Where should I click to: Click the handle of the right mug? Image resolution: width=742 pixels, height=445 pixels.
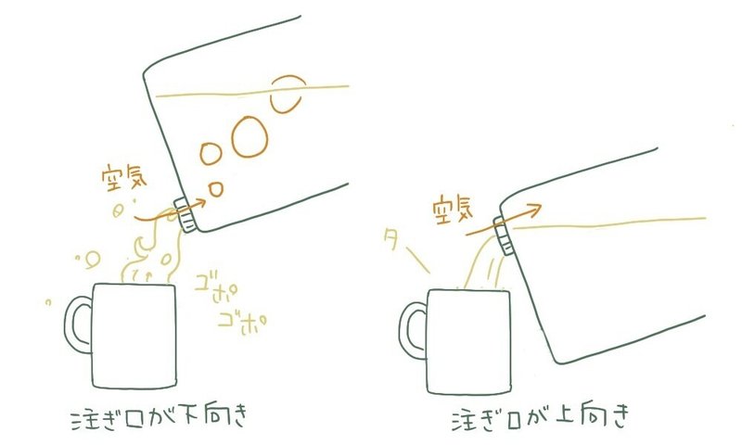point(403,331)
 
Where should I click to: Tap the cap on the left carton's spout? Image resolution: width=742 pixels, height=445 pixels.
point(185,215)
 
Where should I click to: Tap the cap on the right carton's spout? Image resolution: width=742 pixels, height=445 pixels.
point(504,235)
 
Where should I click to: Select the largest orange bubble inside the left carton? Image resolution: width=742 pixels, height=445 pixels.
point(249,136)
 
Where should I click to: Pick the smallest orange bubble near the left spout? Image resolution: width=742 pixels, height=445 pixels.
point(216,190)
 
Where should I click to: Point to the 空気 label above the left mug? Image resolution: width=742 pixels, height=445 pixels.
point(124,177)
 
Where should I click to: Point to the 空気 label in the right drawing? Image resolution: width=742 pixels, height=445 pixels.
point(453,209)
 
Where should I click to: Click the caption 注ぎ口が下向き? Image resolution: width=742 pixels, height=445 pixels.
point(159,417)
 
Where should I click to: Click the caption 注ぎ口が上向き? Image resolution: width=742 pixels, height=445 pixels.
point(541,416)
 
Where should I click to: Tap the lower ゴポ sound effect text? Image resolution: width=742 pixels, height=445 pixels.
point(242,323)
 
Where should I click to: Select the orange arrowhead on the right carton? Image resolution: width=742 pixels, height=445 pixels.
point(535,210)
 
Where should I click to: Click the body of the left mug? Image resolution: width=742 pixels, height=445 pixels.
point(134,336)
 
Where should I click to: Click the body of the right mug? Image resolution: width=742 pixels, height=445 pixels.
point(469,341)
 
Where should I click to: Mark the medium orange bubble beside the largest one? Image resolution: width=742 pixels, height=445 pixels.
point(211,153)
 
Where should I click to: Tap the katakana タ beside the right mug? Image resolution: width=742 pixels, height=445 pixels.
point(391,239)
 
